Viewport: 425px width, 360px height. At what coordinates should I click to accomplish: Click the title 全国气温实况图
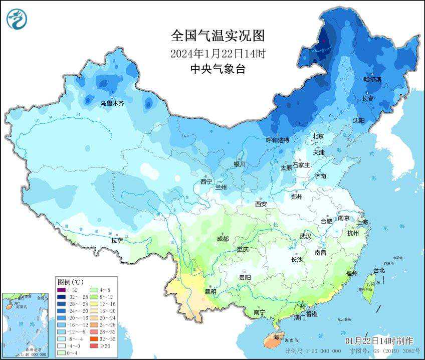pos(217,36)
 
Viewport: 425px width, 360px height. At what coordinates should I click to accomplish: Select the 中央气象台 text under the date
pos(218,69)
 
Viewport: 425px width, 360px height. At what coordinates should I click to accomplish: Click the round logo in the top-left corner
pos(17,20)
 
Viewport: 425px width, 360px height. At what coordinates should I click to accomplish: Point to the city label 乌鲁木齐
pos(112,103)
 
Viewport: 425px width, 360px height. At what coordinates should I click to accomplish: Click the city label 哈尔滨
pos(372,79)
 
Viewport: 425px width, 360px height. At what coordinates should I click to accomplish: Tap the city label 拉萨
pos(117,241)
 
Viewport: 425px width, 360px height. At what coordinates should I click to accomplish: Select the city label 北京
pos(319,136)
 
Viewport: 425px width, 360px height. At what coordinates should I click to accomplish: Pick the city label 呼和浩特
pos(277,140)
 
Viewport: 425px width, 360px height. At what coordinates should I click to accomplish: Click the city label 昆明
pos(210,292)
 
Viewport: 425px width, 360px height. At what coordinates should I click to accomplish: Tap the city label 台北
pos(379,271)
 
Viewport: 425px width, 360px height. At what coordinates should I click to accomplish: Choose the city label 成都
pos(223,239)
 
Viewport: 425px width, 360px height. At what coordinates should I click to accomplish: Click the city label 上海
pos(362,222)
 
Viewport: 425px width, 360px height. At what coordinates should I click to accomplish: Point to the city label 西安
pos(261,204)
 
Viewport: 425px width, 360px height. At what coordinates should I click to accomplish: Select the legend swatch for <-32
pos(61,290)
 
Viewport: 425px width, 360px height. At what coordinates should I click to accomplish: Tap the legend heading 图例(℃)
pos(71,282)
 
